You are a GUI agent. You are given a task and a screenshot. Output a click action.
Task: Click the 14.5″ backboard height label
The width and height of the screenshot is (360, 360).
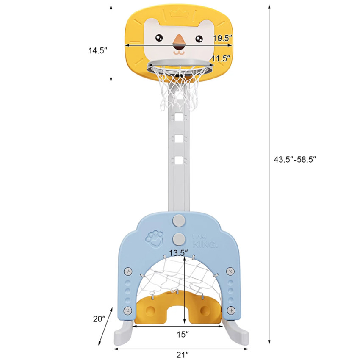tap(98, 50)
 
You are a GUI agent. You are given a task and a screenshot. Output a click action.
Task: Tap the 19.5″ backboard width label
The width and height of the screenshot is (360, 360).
tap(223, 38)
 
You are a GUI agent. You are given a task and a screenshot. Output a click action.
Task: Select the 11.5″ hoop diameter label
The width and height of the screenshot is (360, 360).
tap(221, 58)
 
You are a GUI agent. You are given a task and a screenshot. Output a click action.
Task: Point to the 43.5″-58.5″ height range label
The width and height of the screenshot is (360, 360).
tap(295, 159)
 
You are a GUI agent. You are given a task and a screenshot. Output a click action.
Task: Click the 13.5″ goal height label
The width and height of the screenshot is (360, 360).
tap(179, 253)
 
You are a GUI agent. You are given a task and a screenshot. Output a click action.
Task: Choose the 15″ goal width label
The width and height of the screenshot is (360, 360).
tap(183, 334)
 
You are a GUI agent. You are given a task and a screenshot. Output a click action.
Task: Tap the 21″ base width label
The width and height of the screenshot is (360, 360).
tap(182, 355)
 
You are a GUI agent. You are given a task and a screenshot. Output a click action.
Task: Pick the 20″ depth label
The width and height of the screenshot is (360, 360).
tap(99, 319)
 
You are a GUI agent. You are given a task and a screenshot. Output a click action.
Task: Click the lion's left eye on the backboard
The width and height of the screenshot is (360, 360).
tap(159, 38)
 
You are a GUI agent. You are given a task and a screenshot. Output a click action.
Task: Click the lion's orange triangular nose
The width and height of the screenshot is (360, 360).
tap(179, 40)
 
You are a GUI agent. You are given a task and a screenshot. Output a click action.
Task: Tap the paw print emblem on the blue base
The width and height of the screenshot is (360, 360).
tap(155, 239)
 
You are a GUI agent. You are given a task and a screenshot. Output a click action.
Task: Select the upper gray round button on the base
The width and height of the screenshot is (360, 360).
tap(179, 220)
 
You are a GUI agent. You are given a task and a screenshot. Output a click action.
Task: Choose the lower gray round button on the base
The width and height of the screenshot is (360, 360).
tap(179, 239)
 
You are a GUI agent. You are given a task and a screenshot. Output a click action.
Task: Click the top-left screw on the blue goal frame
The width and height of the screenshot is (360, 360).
tap(128, 271)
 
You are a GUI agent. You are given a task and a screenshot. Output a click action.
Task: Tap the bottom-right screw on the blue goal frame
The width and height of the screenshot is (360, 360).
tap(231, 310)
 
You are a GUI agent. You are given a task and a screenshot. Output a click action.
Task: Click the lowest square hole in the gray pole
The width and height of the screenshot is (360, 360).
tap(179, 160)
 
